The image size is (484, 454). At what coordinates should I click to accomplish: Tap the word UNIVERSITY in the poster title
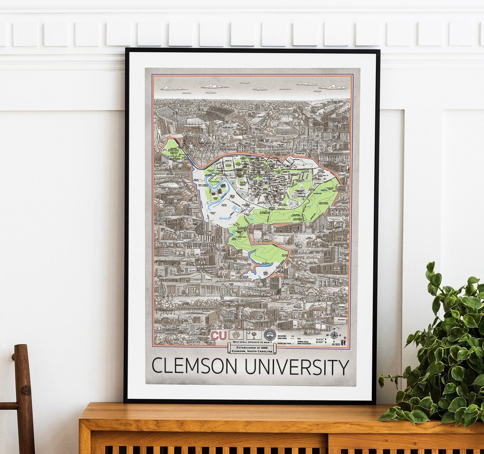click(x=297, y=367)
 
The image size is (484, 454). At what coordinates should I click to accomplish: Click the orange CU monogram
click(x=219, y=336)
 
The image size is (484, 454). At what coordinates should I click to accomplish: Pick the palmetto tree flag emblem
click(x=254, y=335)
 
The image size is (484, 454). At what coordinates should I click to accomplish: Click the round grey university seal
click(x=270, y=335)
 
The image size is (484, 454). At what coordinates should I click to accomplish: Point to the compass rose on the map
click(x=334, y=335)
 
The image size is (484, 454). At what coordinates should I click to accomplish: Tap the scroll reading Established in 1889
click(x=251, y=349)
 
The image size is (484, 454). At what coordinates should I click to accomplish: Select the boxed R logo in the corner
click(x=343, y=343)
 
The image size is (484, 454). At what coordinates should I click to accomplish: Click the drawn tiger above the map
click(x=196, y=140)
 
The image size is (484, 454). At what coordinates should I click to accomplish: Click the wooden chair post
click(x=23, y=395)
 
